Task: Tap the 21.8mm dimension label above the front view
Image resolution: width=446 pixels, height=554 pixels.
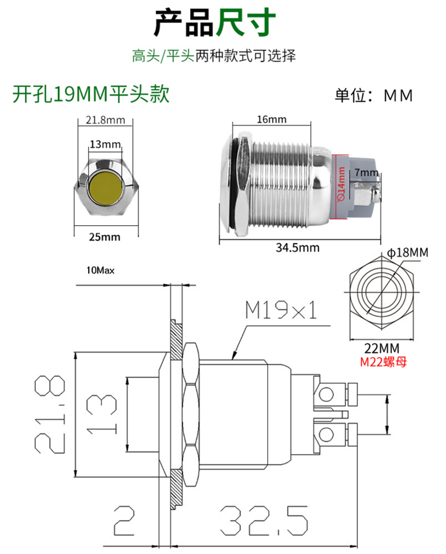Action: click(x=105, y=120)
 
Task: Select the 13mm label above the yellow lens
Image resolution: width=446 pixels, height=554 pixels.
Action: click(x=105, y=144)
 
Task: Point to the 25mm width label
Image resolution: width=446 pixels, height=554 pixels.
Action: click(x=105, y=237)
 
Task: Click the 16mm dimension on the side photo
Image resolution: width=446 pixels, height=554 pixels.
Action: click(x=272, y=119)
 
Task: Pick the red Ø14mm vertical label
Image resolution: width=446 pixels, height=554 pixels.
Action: click(x=341, y=184)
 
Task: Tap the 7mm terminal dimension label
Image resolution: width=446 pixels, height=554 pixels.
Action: click(x=366, y=172)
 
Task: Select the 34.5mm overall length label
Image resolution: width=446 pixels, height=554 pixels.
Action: click(x=298, y=247)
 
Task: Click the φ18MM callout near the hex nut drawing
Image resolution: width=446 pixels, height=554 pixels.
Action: click(x=408, y=252)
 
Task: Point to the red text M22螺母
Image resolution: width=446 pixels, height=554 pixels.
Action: click(x=384, y=362)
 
